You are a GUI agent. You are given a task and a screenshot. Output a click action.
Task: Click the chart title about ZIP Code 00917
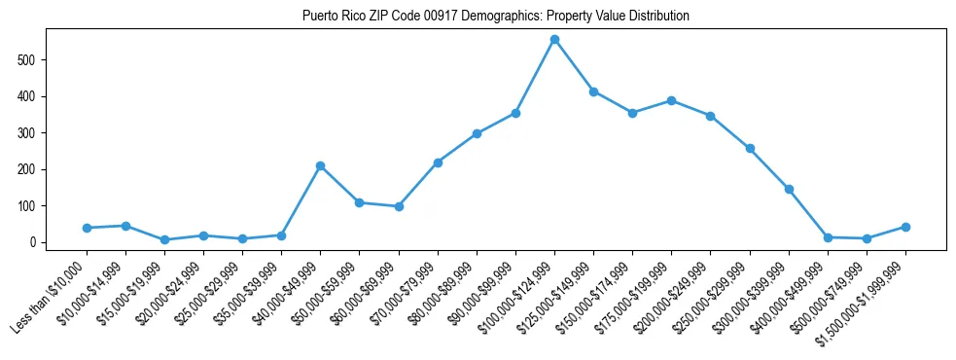click(496, 16)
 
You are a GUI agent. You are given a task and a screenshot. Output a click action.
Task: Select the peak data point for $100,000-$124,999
click(554, 40)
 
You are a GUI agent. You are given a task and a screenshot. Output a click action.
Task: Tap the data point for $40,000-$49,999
click(320, 166)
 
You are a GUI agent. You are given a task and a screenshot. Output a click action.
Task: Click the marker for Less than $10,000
click(87, 228)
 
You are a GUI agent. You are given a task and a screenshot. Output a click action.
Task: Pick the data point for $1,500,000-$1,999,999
click(905, 227)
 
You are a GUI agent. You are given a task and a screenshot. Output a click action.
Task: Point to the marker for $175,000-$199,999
click(671, 100)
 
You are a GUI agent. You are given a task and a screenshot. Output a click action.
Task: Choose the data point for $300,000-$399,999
click(789, 189)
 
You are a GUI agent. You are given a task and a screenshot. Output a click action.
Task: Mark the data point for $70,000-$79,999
click(438, 162)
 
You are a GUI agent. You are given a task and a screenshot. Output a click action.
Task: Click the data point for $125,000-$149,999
click(593, 91)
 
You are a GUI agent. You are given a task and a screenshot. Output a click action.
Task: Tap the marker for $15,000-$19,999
click(164, 239)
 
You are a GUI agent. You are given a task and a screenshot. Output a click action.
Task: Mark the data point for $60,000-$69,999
click(399, 206)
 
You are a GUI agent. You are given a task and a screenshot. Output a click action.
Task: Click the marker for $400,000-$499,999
click(828, 237)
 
